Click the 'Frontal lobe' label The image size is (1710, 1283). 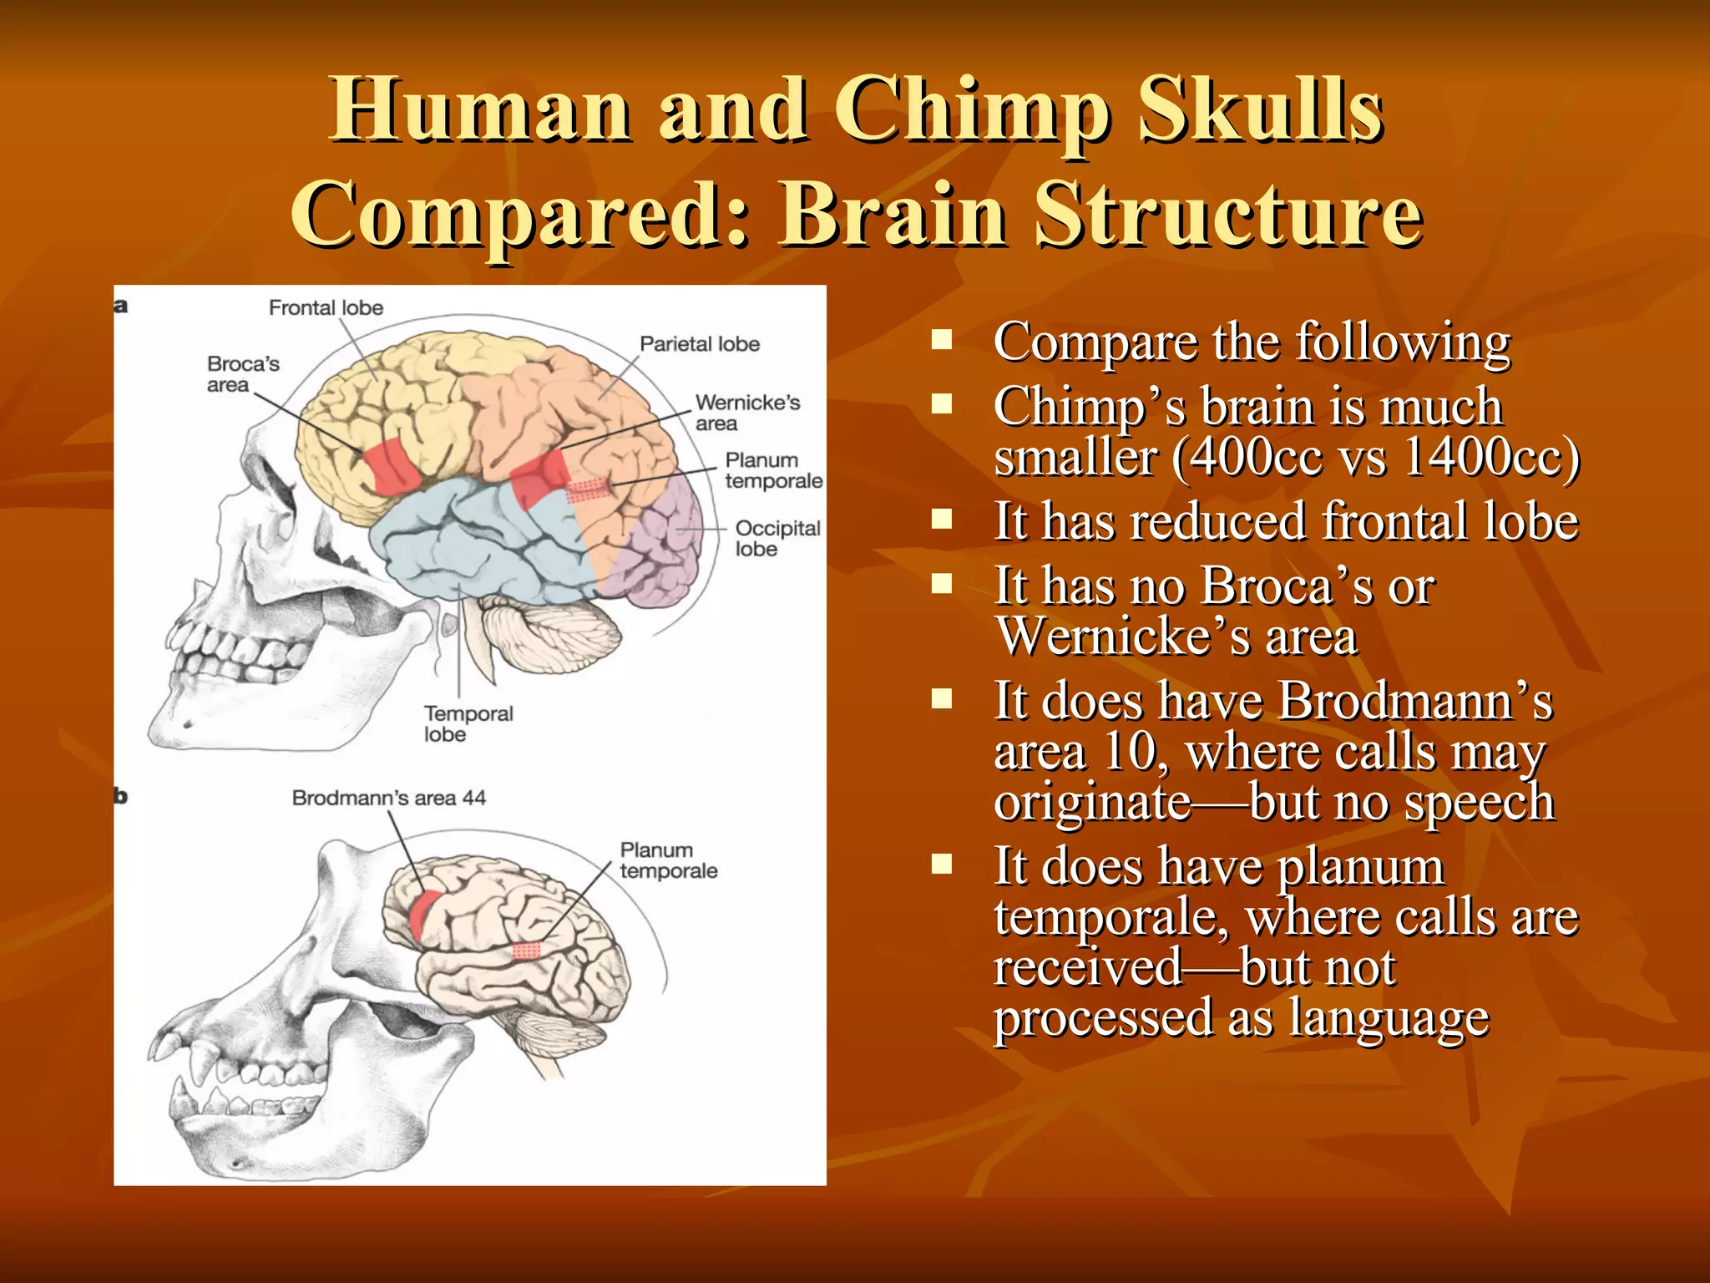point(326,308)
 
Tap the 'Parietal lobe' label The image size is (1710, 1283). point(699,344)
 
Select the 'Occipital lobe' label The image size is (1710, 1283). point(777,539)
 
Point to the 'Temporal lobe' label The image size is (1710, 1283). point(468,724)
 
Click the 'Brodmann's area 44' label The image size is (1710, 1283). point(388,799)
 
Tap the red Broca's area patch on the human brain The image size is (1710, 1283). point(391,464)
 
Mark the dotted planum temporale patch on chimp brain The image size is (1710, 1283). point(527,951)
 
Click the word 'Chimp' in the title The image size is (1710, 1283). point(973,111)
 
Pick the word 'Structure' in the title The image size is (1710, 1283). point(1228,215)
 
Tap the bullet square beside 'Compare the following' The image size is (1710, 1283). point(943,339)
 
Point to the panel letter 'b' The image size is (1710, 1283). point(121,796)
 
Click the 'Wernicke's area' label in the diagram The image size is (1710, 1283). point(746,413)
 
